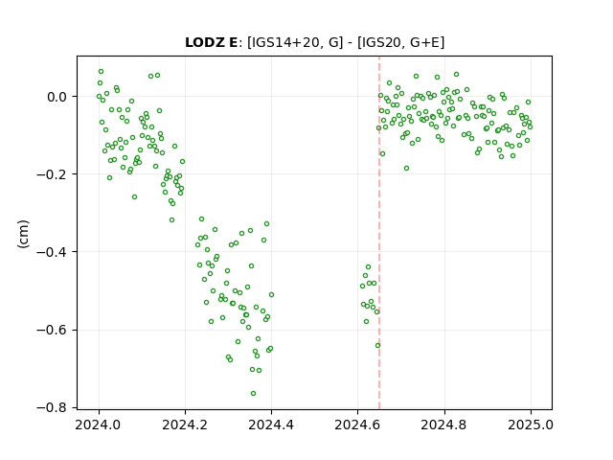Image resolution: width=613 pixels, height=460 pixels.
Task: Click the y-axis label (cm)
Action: tap(23, 234)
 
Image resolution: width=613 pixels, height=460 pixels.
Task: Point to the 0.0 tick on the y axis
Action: tap(57, 97)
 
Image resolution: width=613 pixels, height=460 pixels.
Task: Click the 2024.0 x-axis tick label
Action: tap(99, 425)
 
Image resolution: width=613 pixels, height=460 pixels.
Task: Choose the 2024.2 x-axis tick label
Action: tap(185, 425)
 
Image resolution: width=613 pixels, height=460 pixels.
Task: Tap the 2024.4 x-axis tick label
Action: tap(271, 425)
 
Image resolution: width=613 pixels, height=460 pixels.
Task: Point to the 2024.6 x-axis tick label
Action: tap(357, 425)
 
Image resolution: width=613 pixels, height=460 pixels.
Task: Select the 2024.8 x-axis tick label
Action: tap(443, 425)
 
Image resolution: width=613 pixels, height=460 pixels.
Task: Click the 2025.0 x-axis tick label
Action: tap(531, 425)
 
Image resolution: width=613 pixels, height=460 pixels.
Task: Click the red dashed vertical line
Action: tap(379, 233)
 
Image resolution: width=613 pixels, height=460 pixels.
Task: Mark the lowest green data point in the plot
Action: tap(253, 393)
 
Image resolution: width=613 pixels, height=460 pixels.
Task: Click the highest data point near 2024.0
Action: tap(101, 71)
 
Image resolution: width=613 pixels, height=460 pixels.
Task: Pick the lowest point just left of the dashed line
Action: tap(377, 345)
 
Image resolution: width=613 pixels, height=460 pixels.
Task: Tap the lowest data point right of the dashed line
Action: tap(406, 169)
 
